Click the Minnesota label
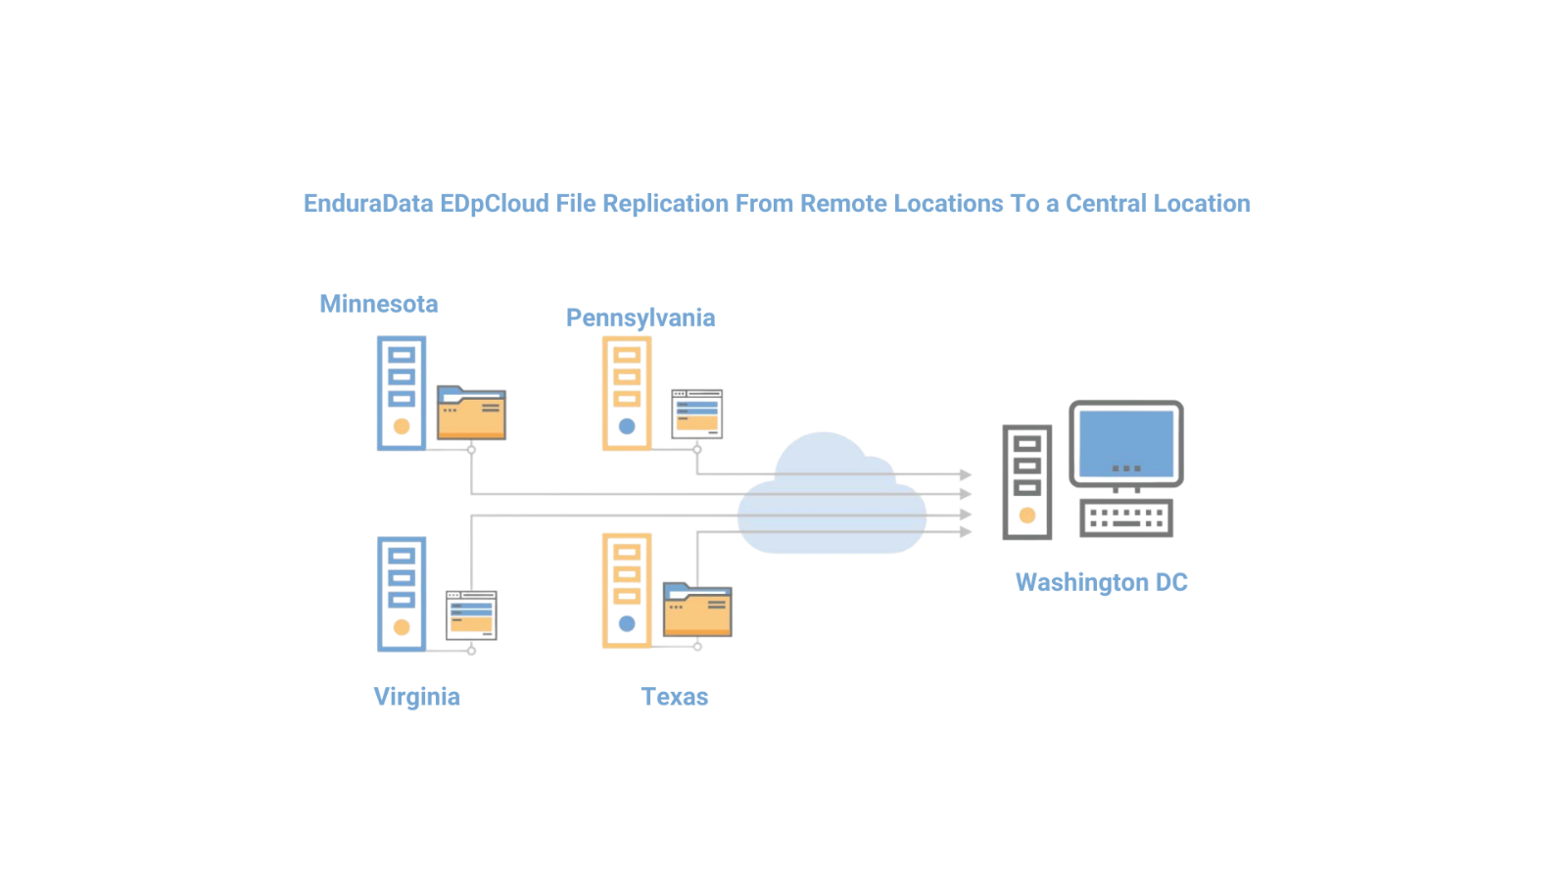click(x=378, y=304)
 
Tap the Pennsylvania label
click(x=641, y=318)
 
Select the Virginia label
click(x=416, y=697)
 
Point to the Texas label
click(x=674, y=697)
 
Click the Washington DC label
click(x=1101, y=582)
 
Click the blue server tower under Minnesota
click(x=402, y=393)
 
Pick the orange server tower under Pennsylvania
click(x=627, y=393)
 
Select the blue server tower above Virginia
click(x=402, y=594)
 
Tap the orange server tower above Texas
click(x=627, y=590)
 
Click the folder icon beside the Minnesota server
click(x=471, y=413)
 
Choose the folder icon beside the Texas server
click(x=697, y=610)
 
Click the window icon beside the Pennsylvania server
click(x=696, y=414)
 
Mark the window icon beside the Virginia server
click(x=471, y=614)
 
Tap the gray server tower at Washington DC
click(x=1027, y=481)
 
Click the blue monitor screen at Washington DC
click(x=1126, y=443)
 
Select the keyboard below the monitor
click(x=1126, y=517)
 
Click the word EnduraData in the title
click(x=368, y=204)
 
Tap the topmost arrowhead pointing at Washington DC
click(x=966, y=474)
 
